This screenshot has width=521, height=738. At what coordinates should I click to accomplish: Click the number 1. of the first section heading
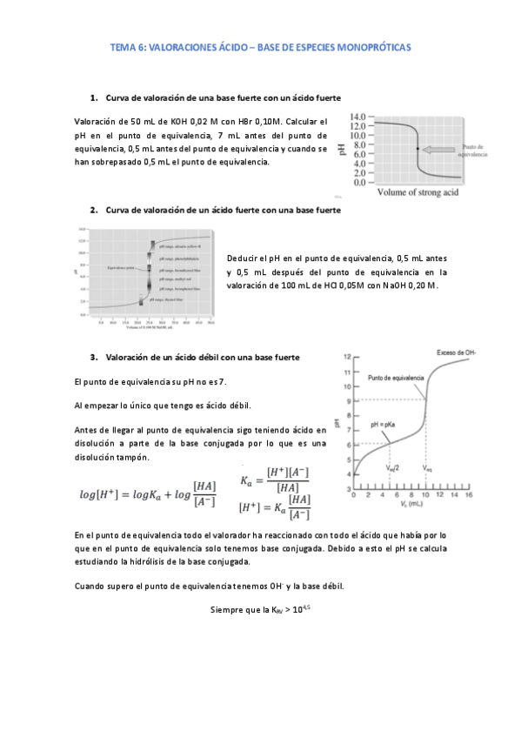tap(94, 96)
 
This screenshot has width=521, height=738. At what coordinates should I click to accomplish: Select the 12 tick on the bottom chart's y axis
tap(346, 358)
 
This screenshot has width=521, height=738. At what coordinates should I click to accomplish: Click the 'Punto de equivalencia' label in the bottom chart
tap(396, 379)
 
